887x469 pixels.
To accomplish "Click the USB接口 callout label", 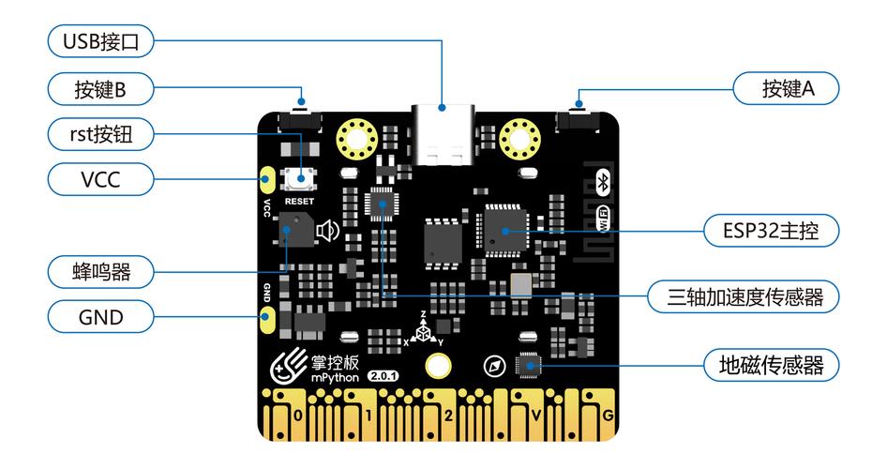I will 100,40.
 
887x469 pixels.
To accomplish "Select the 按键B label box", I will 100,89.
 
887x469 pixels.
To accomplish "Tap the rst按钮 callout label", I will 100,134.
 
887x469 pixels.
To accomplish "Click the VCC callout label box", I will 100,178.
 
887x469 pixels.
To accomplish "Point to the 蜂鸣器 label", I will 100,272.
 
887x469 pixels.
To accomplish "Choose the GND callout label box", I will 100,317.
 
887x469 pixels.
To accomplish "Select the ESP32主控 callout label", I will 771,230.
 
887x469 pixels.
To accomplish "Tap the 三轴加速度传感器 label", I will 745,297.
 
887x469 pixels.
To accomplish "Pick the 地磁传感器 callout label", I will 771,365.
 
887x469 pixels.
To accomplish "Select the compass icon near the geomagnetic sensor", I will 494,364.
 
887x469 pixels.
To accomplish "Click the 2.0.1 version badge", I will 383,375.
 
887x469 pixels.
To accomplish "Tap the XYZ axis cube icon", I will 425,331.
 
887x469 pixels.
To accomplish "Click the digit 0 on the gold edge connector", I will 298,415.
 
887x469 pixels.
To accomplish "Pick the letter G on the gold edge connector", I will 609,415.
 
